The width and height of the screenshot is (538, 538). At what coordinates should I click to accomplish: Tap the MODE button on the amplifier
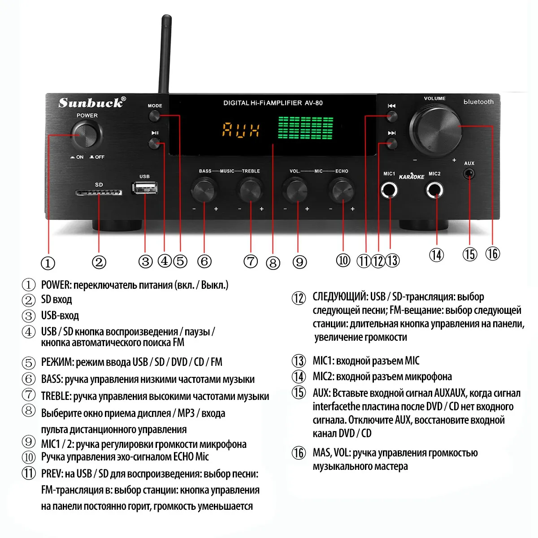155,116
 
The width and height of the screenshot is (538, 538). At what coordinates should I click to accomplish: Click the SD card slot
99,193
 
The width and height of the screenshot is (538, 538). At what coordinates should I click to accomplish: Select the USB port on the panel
144,187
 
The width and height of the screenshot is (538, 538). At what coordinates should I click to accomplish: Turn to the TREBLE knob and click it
250,190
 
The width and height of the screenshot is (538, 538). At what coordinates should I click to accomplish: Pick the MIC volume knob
296,190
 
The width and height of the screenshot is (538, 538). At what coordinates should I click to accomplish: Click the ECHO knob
342,190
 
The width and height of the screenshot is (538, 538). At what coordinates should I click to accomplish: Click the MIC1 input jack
389,191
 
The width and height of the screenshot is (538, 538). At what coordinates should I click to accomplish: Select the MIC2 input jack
434,191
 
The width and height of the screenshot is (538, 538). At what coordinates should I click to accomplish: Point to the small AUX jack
469,173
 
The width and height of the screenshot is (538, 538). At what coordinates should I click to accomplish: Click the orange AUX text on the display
241,130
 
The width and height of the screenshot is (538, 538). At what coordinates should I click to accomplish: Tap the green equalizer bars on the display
306,128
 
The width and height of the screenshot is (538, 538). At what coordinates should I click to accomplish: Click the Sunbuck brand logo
92,103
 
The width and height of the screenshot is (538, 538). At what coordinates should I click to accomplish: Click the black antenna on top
166,54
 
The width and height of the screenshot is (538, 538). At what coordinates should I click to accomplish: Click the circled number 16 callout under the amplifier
492,254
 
